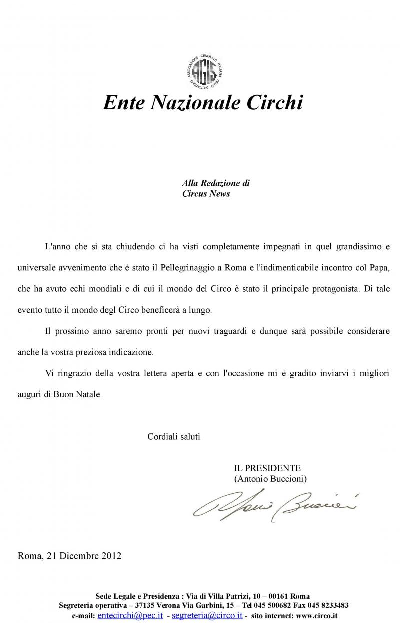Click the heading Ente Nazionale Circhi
203,103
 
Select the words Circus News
206,194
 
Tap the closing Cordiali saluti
174,436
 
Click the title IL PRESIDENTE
267,468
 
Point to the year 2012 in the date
111,556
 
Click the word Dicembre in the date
79,556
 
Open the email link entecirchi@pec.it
130,615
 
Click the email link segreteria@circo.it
207,615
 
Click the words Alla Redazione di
215,183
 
